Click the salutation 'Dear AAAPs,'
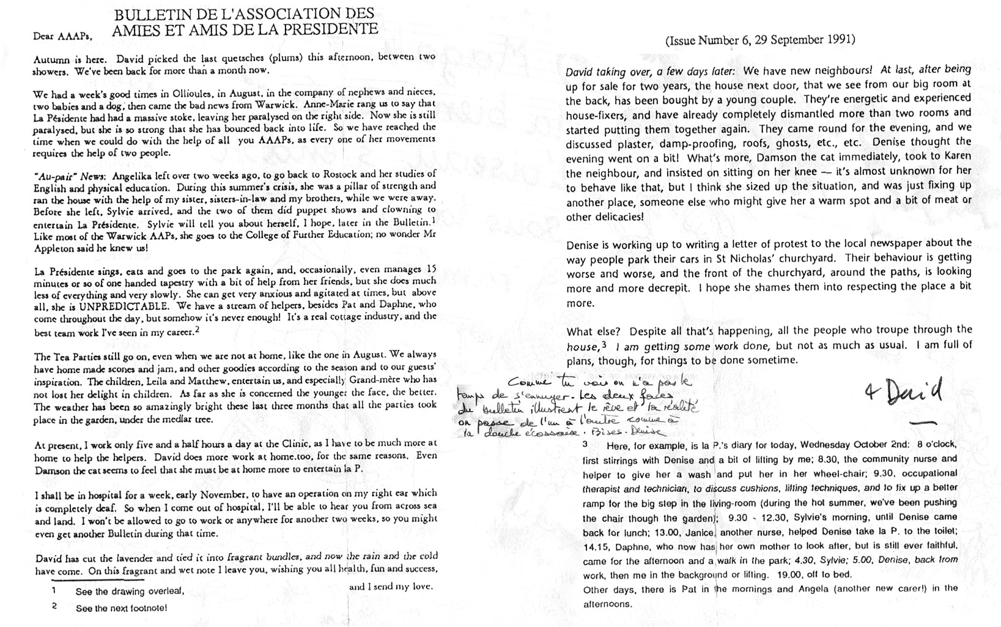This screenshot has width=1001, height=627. click(62, 35)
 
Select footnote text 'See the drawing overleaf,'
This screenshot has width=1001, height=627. click(130, 592)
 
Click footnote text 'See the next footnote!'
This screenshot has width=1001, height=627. click(121, 608)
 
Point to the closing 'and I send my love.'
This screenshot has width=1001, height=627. click(390, 587)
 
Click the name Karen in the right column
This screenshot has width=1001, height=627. click(956, 157)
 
